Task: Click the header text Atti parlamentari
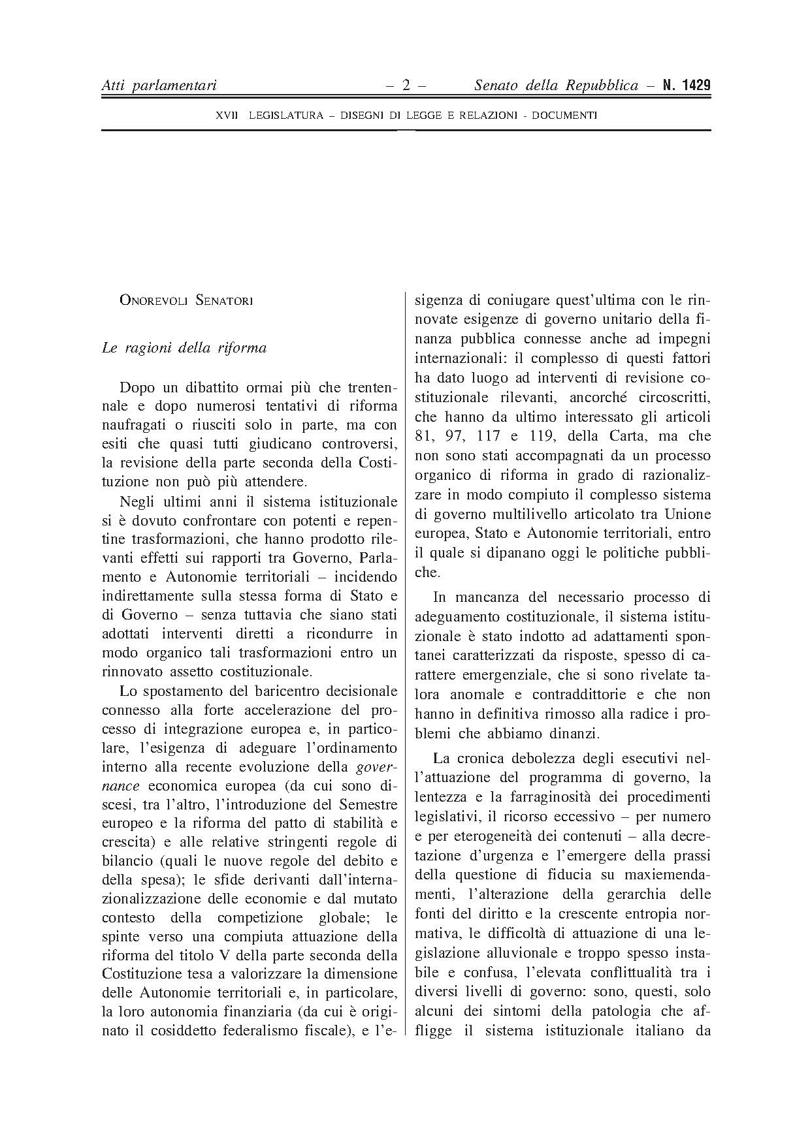coord(159,86)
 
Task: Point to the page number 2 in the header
coord(406,86)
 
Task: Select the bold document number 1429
coord(694,86)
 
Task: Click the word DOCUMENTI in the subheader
coord(564,116)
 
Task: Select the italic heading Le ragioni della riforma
coord(184,348)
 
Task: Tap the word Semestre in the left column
coord(368,804)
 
